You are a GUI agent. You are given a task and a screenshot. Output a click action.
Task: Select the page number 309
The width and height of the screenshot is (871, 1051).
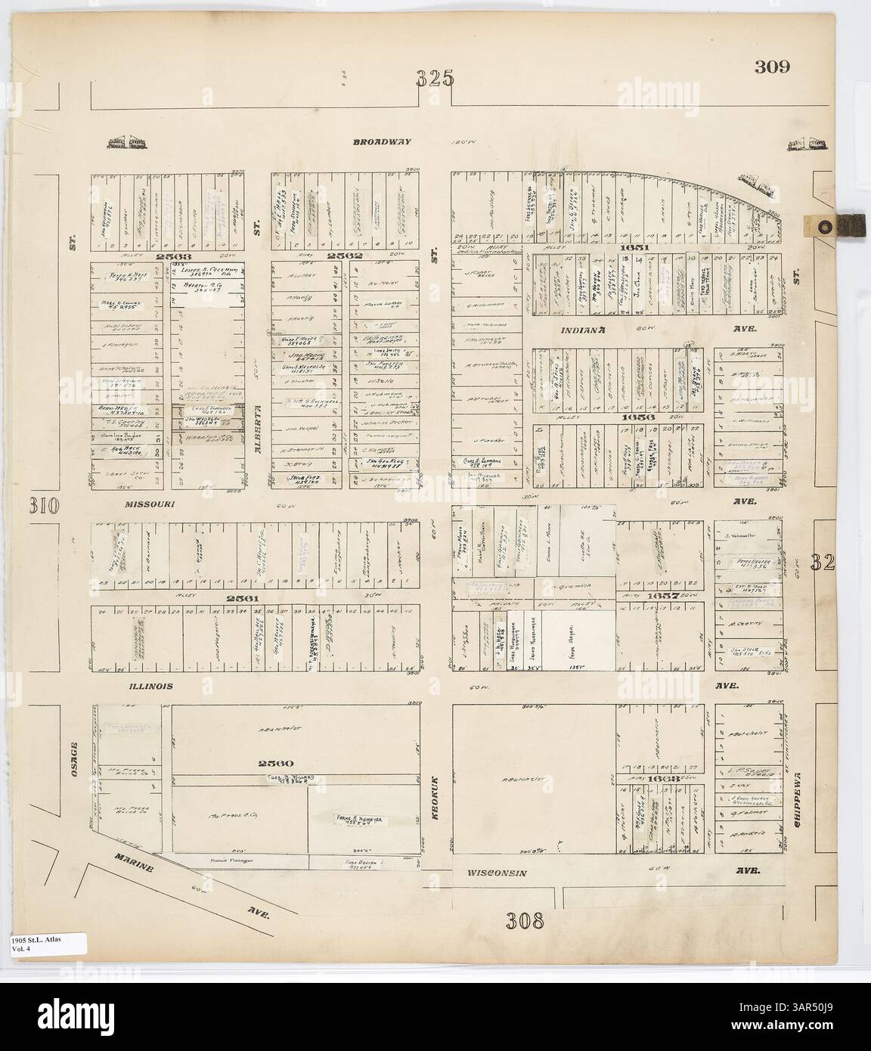(x=771, y=66)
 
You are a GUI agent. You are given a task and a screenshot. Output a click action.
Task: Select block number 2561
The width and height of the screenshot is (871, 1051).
(x=246, y=598)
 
